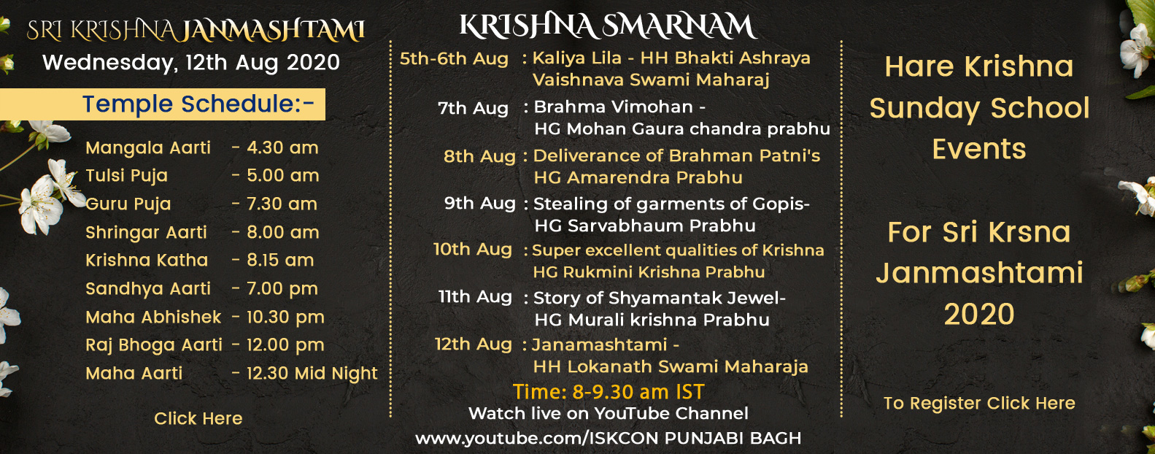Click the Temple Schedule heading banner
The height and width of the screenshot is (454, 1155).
[163, 104]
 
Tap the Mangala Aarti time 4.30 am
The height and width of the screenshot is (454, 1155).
[282, 148]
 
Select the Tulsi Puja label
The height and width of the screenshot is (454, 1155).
[127, 176]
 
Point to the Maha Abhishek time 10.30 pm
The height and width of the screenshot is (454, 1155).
[285, 318]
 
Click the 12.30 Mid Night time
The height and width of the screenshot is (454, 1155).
[312, 374]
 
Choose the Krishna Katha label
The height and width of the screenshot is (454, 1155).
[147, 261]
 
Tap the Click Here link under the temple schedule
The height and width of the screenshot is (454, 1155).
[198, 418]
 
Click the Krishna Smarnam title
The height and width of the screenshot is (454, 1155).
[609, 26]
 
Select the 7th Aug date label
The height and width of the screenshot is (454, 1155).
[473, 108]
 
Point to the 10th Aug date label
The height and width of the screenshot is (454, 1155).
[472, 250]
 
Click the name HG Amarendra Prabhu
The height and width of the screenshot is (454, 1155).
[638, 178]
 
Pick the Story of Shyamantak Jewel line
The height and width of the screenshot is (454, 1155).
[660, 299]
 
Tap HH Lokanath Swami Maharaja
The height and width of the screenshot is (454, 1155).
[671, 367]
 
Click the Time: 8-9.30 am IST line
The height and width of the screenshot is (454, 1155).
[609, 392]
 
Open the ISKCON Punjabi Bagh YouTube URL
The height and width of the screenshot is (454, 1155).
[609, 439]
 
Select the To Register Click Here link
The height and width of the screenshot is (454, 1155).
[979, 404]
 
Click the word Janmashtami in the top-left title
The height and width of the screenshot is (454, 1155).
[274, 31]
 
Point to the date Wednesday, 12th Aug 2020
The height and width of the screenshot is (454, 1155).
[191, 63]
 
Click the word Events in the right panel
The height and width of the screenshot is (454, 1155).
[979, 150]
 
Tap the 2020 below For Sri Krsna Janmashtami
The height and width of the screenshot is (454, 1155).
[979, 315]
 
